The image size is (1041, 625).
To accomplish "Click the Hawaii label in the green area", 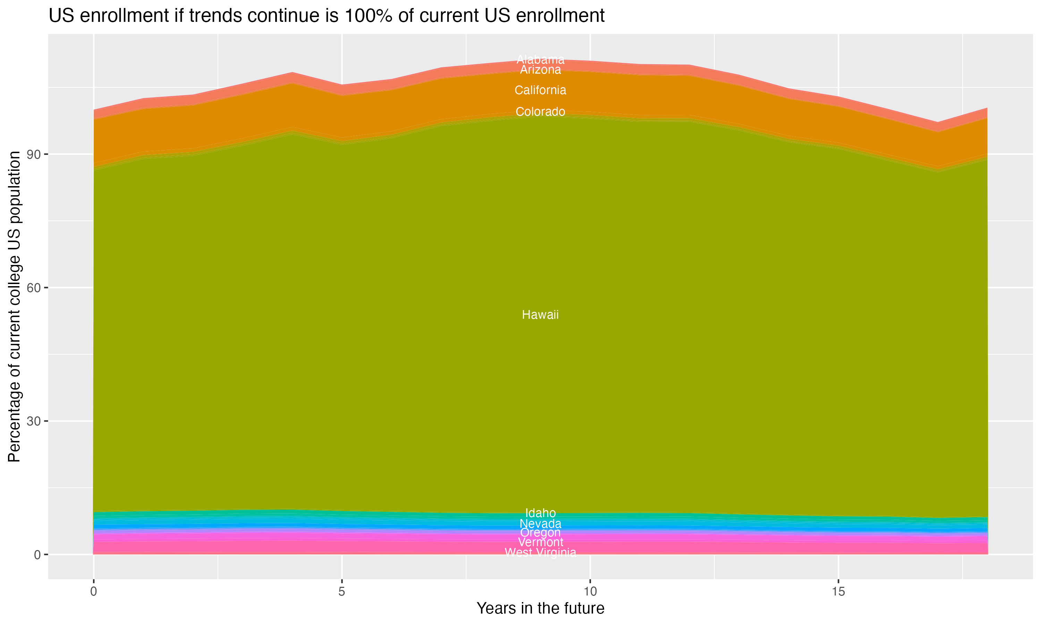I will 540,315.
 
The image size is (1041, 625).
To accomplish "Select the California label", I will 540,90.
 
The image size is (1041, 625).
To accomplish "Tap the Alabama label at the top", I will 540,59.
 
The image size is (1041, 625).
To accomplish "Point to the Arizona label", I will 540,70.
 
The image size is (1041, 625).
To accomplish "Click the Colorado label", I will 540,111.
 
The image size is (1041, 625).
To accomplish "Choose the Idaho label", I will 540,513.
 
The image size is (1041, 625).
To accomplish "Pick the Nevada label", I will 540,524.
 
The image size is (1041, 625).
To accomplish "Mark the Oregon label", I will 540,533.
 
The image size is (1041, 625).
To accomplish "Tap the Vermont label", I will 540,542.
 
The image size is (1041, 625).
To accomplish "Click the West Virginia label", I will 540,552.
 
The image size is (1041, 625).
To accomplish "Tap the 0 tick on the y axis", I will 37,555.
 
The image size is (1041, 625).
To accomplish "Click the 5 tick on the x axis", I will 342,592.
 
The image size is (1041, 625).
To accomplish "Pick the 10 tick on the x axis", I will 590,592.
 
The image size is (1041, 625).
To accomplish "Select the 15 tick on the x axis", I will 839,592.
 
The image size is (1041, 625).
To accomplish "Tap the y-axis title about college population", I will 14,306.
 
